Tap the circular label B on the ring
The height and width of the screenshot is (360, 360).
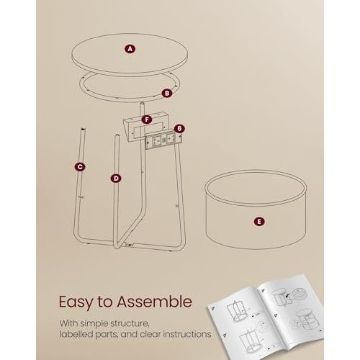166,92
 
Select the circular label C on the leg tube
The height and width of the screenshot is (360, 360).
80,166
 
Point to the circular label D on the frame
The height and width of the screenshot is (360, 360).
115,177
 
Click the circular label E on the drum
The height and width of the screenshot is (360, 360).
258,222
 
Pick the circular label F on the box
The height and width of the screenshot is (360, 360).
147,119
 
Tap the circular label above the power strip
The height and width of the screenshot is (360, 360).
179,128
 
